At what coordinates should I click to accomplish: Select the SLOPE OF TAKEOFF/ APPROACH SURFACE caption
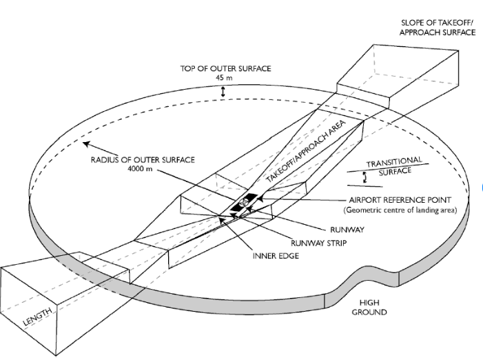[438, 28]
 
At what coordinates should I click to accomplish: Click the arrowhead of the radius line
[83, 144]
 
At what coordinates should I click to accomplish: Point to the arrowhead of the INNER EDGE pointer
[222, 220]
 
